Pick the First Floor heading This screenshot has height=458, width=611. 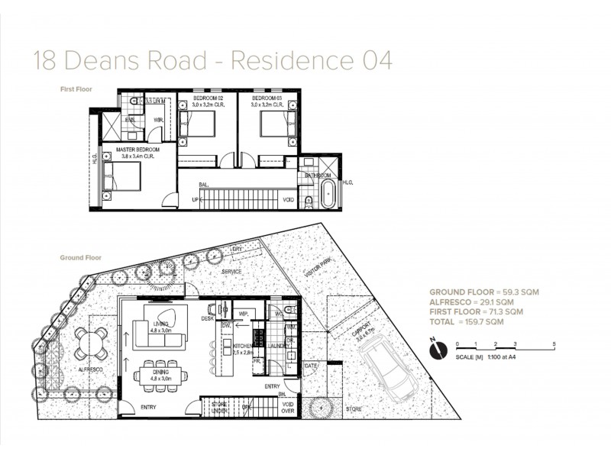[x=76, y=89]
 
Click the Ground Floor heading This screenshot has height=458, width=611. [x=81, y=258]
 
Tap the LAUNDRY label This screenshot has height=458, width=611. [x=278, y=346]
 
